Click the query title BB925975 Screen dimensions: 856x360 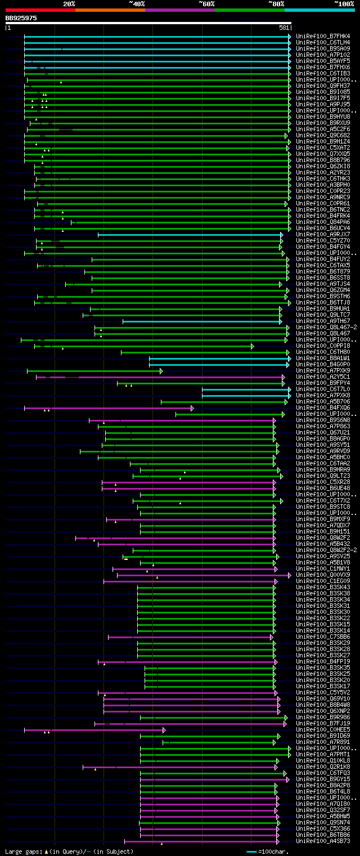(x=21, y=18)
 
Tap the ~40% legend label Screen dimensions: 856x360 (x=137, y=4)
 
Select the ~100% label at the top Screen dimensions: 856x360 (x=344, y=4)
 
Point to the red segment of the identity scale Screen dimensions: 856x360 (x=40, y=10)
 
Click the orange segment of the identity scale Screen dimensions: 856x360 (x=110, y=10)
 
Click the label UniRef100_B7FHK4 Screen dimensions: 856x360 (x=323, y=36)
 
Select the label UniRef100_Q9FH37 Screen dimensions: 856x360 (x=323, y=86)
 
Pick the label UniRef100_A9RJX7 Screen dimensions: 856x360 (x=323, y=234)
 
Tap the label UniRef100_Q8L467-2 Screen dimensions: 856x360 (x=326, y=327)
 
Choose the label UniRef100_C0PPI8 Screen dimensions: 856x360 (x=323, y=346)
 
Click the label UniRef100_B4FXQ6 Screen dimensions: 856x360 (x=323, y=407)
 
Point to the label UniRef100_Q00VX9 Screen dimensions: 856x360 (x=323, y=575)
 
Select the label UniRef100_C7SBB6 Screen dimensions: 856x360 (x=323, y=637)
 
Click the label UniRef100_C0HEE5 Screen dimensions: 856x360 (x=323, y=729)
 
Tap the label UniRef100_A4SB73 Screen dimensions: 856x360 (x=323, y=841)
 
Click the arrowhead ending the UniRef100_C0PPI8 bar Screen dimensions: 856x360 (x=253, y=346)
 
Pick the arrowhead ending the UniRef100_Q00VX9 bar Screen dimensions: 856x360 (x=290, y=575)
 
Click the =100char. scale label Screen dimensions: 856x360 (x=273, y=851)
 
